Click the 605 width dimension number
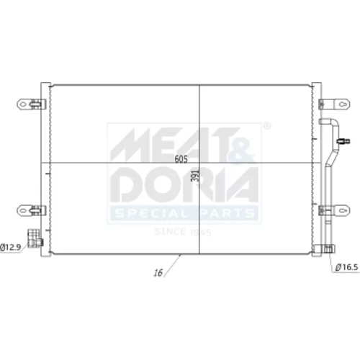pos(181,159)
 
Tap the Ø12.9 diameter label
pos(11,247)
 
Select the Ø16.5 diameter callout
pos(347,267)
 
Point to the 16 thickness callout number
pos(158,273)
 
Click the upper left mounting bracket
pos(32,104)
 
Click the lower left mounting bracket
pos(32,210)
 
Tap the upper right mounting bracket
pos(334,104)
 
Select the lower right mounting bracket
pos(334,210)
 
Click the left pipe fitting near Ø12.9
pos(35,238)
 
